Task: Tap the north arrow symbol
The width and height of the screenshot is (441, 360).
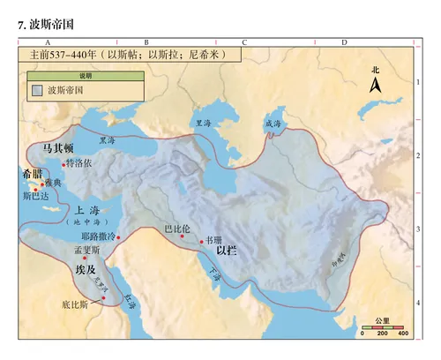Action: pyautogui.click(x=375, y=85)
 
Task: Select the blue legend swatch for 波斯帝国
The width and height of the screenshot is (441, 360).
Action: pyautogui.click(x=36, y=89)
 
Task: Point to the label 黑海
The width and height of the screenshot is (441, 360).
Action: pyautogui.click(x=107, y=139)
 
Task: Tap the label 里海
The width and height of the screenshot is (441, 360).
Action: pyautogui.click(x=204, y=123)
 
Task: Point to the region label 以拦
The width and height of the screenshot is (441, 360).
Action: pyautogui.click(x=240, y=251)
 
